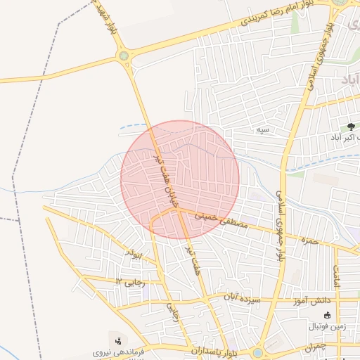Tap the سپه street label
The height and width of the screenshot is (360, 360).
point(263,130)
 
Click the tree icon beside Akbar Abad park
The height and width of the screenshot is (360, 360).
point(351,127)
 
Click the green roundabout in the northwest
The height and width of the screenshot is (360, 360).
point(124,55)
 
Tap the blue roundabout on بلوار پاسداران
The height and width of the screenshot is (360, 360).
point(258,352)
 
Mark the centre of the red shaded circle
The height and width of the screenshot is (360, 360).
point(180,179)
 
